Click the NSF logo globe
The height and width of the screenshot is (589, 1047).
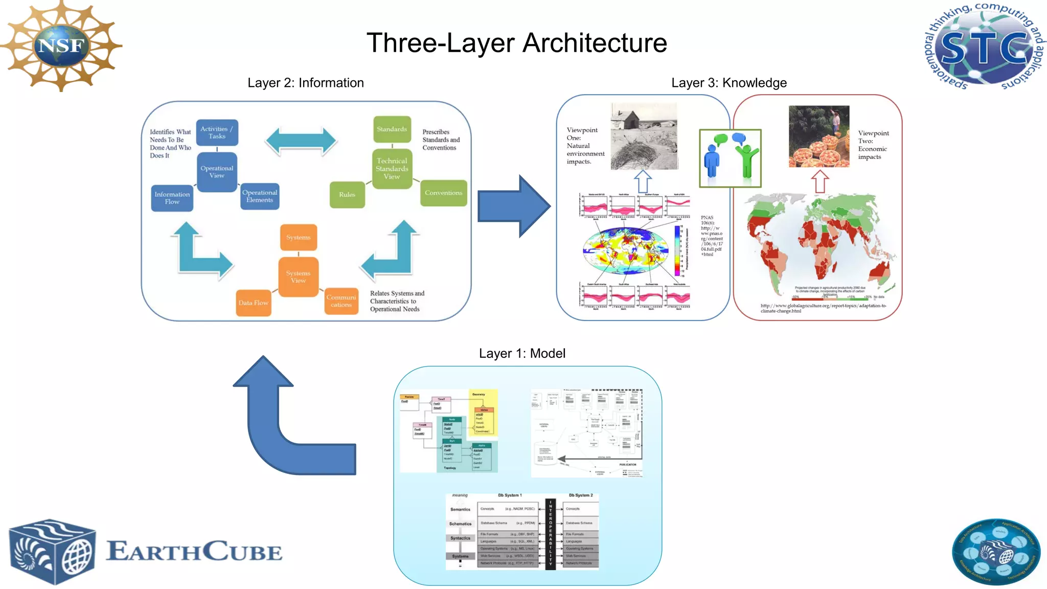point(61,46)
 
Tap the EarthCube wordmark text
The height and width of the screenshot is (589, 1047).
point(194,552)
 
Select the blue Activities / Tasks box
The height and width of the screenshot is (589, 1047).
point(217,132)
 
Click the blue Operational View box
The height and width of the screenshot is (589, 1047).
point(217,172)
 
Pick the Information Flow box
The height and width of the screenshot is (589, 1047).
point(172,198)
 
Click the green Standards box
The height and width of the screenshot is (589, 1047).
point(392,129)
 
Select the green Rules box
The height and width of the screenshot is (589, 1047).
point(347,195)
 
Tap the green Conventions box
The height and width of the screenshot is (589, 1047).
point(443,193)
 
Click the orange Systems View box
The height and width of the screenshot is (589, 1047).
point(298,277)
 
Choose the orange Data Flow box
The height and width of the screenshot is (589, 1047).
point(253,303)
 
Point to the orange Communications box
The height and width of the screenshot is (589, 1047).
point(341,301)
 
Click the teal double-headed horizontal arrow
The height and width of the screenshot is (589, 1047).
point(301,141)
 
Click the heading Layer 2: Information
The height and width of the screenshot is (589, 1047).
point(306,83)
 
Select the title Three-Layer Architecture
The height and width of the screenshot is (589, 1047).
point(517,43)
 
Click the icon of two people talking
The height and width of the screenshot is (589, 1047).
point(730,158)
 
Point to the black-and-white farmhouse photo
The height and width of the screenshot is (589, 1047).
point(644,136)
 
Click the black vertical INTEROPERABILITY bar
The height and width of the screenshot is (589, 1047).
point(551,533)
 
